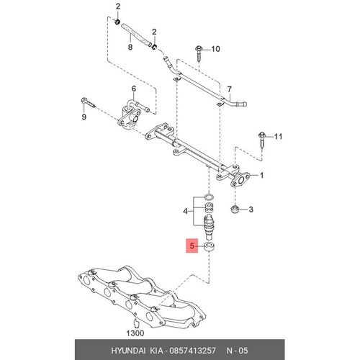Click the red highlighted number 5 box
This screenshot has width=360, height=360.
point(192,246)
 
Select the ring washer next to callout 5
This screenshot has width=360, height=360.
point(209,247)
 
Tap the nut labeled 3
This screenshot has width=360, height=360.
point(235,209)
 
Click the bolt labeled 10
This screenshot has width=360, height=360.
point(199,53)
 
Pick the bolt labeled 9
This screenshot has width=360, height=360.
point(88,102)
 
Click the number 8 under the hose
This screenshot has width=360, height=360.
point(130,47)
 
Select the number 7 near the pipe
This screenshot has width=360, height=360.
point(230,89)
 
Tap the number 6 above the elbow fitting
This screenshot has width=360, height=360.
point(134,89)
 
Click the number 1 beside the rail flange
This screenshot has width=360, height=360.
point(262,176)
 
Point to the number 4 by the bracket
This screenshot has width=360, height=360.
point(185,211)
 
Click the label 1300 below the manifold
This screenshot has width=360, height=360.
point(135,333)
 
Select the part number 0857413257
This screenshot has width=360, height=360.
point(192,351)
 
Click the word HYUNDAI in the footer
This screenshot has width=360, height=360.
point(128,351)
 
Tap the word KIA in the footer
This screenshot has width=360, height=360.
point(156,351)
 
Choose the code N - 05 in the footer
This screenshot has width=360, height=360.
point(237,351)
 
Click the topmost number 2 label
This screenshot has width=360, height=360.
point(118,6)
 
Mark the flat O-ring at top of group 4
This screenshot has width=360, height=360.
point(209,197)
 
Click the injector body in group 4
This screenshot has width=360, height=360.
point(210,228)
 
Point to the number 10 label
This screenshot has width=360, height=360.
point(215,49)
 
